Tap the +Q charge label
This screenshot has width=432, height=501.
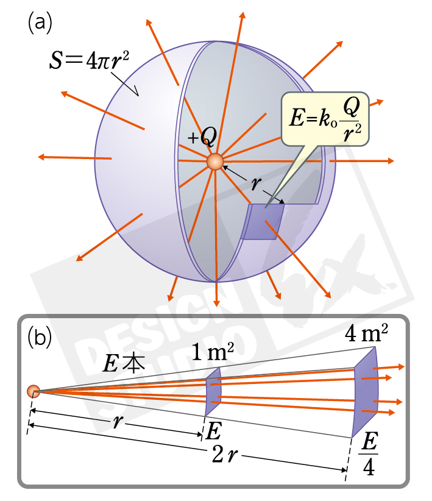tap(202, 138)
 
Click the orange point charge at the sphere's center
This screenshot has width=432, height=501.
tap(215, 162)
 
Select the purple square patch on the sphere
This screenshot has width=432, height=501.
tap(263, 221)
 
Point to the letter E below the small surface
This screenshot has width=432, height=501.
tap(213, 432)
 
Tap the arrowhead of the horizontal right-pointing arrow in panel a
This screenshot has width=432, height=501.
tap(389, 162)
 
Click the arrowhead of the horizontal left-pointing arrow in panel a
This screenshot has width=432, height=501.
tap(42, 157)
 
